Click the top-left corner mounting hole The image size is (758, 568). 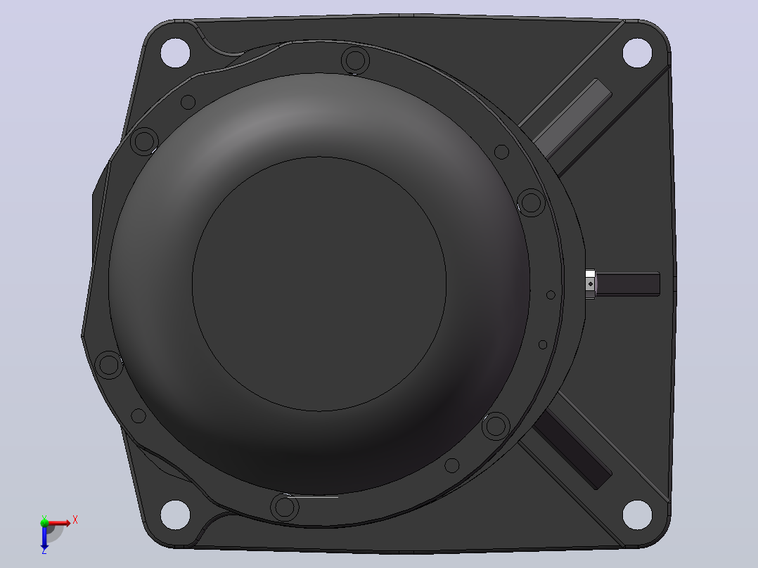pyautogui.click(x=175, y=53)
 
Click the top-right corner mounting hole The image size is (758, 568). pyautogui.click(x=637, y=53)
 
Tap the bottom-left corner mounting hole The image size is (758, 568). pyautogui.click(x=175, y=515)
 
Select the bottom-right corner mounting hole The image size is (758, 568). pyautogui.click(x=637, y=515)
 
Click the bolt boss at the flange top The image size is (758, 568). pyautogui.click(x=355, y=60)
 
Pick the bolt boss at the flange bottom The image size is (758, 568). pyautogui.click(x=285, y=507)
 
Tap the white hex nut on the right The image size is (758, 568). pyautogui.click(x=590, y=284)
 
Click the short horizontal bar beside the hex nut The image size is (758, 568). pyautogui.click(x=628, y=284)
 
